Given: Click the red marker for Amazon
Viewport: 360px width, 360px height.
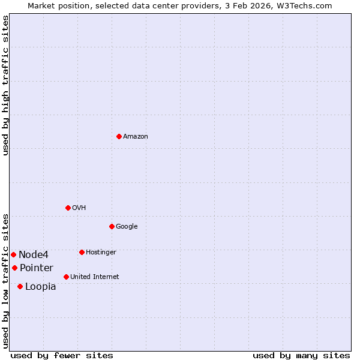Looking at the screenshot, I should [119, 136].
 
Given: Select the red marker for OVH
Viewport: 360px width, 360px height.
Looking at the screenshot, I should [68, 208].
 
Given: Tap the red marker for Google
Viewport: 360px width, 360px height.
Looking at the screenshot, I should [112, 226].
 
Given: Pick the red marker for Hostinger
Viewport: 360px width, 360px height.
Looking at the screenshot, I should [82, 252].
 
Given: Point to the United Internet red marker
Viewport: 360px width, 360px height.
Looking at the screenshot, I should [66, 277].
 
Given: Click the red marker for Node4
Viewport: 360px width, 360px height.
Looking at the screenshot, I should [13, 254].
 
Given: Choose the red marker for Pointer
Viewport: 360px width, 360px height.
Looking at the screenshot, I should [14, 268].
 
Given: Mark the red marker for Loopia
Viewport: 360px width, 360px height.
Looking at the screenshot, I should [20, 286].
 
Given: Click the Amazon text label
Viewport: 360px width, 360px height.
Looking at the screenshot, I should [136, 137].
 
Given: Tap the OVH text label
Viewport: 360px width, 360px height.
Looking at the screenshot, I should [79, 208].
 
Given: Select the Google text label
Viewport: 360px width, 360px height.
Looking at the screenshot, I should [127, 227].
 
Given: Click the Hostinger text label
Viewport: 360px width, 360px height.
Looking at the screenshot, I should [101, 253].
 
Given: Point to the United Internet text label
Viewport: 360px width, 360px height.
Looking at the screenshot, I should [95, 277].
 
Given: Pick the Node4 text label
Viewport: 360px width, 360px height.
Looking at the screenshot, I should [34, 255].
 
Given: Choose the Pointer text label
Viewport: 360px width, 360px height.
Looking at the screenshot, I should [37, 268].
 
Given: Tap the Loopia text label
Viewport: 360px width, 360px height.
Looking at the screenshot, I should [41, 287].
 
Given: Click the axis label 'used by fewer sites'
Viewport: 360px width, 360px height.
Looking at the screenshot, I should [62, 355].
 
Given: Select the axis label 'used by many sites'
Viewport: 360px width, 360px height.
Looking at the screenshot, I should [301, 355].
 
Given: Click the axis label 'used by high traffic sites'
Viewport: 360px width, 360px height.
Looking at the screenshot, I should [5, 85].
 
